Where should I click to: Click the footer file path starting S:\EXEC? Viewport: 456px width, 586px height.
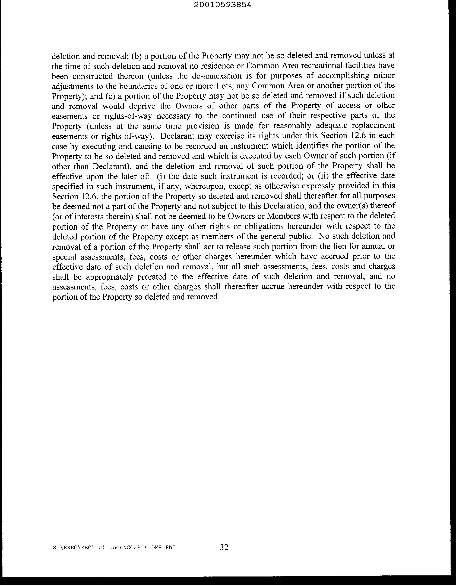point(114,548)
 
